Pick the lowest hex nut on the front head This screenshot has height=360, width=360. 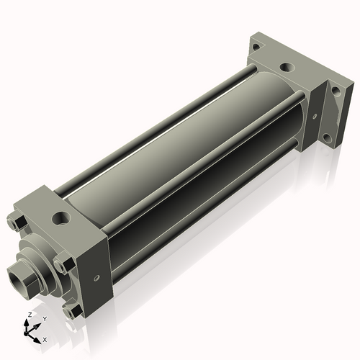pyautogui.click(x=71, y=311)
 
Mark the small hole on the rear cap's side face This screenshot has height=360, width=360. pyautogui.click(x=315, y=114)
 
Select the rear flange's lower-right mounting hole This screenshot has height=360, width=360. pyautogui.click(x=328, y=137)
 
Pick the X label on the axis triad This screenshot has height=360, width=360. pyautogui.click(x=45, y=338)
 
